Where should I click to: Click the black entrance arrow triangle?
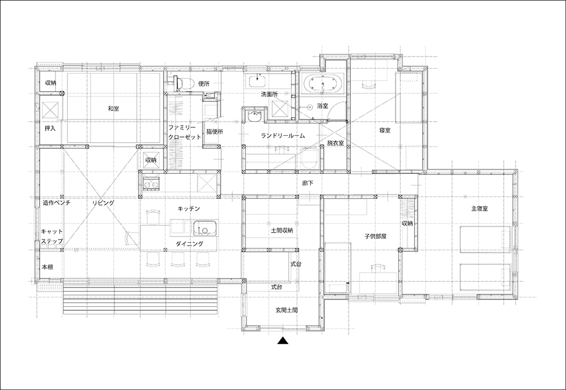[x=284, y=341]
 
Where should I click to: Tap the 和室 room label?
[x=114, y=108]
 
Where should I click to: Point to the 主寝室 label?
[x=480, y=208]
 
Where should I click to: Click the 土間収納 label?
[x=282, y=230]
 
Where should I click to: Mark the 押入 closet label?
[x=50, y=128]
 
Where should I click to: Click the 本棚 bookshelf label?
[x=48, y=267]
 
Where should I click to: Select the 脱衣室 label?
[x=335, y=143]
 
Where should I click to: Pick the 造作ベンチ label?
[x=57, y=203]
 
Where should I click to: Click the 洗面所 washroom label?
[x=269, y=95]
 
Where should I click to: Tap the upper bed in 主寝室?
[x=485, y=239]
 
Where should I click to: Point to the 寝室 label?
[x=385, y=130]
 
